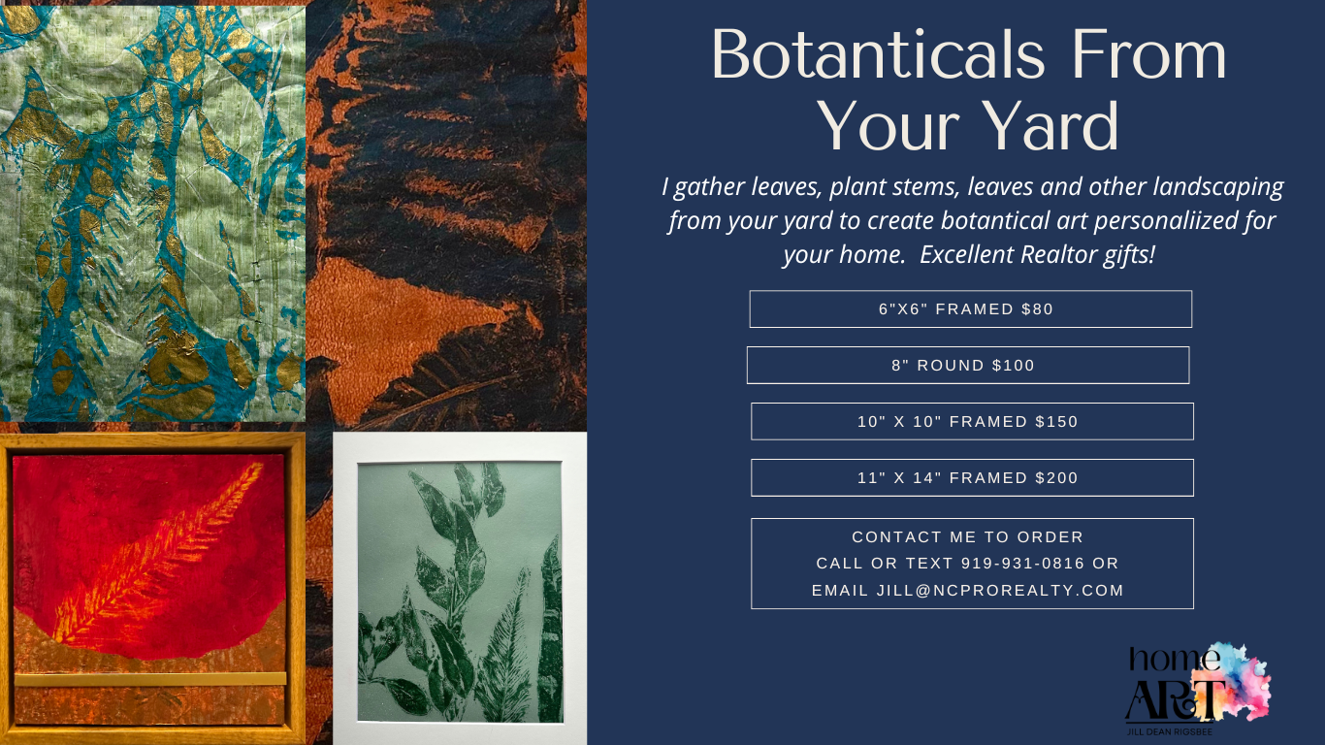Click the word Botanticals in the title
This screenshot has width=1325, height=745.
pos(879,54)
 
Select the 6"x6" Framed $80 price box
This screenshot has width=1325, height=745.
pos(971,308)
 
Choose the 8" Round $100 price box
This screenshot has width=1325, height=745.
pos(968,365)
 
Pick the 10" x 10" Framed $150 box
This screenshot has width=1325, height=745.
pos(973,421)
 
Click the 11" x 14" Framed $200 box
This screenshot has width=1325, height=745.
pos(973,477)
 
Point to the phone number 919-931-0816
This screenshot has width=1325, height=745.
pos(1022,564)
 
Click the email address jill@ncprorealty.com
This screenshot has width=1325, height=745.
pos(1000,590)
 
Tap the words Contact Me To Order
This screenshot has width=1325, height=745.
pos(968,536)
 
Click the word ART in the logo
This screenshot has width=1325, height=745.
pos(1175,698)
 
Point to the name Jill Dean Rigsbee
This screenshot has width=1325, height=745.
pos(1170,732)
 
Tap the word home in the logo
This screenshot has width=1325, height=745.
pos(1174,660)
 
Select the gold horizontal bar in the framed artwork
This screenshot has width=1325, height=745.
pos(150,679)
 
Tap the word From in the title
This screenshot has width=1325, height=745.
pos(1148,54)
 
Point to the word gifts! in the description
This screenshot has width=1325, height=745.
pos(1129,255)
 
